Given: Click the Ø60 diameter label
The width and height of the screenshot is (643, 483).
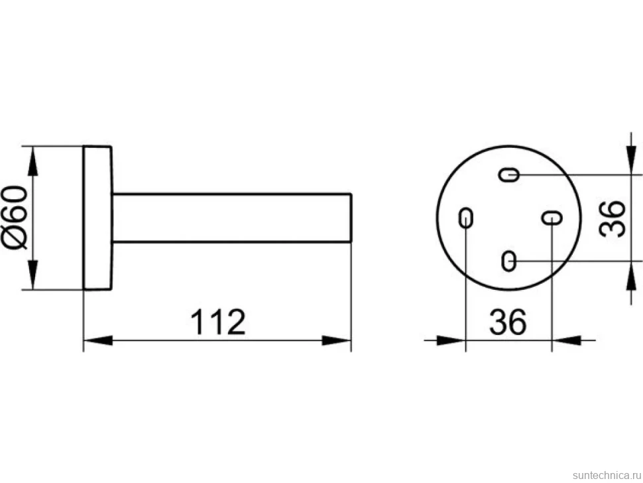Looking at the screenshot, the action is click(16, 218).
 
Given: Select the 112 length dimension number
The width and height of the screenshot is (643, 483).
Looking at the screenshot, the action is click(217, 322).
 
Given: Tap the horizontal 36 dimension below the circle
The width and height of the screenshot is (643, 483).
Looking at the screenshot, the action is click(508, 322).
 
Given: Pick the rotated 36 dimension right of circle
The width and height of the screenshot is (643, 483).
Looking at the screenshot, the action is click(612, 219).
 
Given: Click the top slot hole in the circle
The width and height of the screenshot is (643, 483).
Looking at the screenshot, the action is click(509, 174).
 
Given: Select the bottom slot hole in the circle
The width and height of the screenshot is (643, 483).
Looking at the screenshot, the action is click(508, 261).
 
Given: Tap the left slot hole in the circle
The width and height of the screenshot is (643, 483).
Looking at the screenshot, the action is click(465, 217).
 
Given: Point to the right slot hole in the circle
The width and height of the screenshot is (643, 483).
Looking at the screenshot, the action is click(552, 218).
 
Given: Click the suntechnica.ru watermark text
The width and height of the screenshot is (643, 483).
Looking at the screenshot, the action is click(607, 475).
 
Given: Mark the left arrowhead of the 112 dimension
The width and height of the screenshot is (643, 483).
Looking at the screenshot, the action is click(98, 340).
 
